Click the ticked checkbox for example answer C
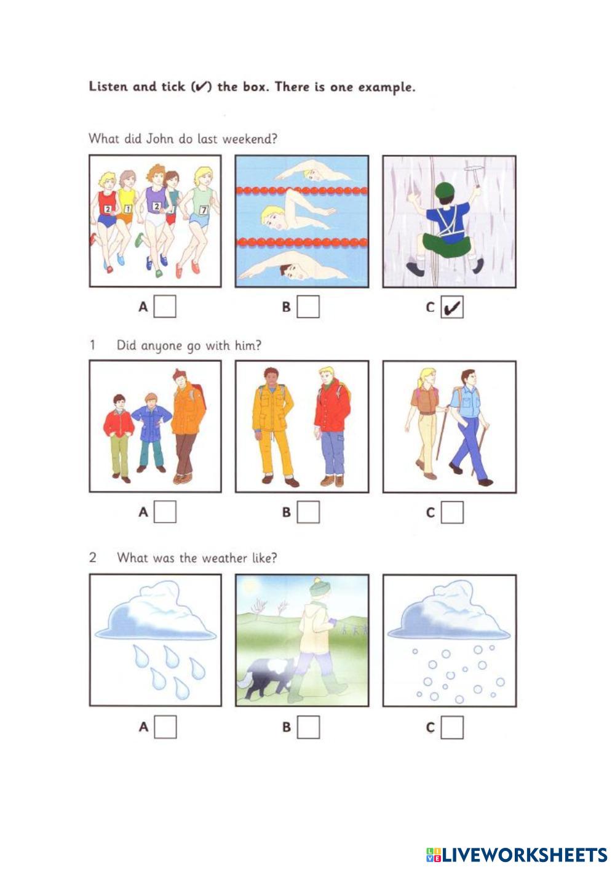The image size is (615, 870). [452, 307]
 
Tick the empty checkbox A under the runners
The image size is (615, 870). [165, 306]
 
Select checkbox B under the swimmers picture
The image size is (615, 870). [308, 306]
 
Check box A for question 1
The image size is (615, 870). [165, 512]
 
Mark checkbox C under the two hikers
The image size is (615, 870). [452, 513]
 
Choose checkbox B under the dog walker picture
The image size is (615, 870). [309, 727]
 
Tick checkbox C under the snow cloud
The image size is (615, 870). [452, 727]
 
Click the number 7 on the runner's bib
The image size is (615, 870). [204, 210]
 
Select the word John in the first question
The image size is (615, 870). [159, 138]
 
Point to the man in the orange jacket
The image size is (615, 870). [188, 426]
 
